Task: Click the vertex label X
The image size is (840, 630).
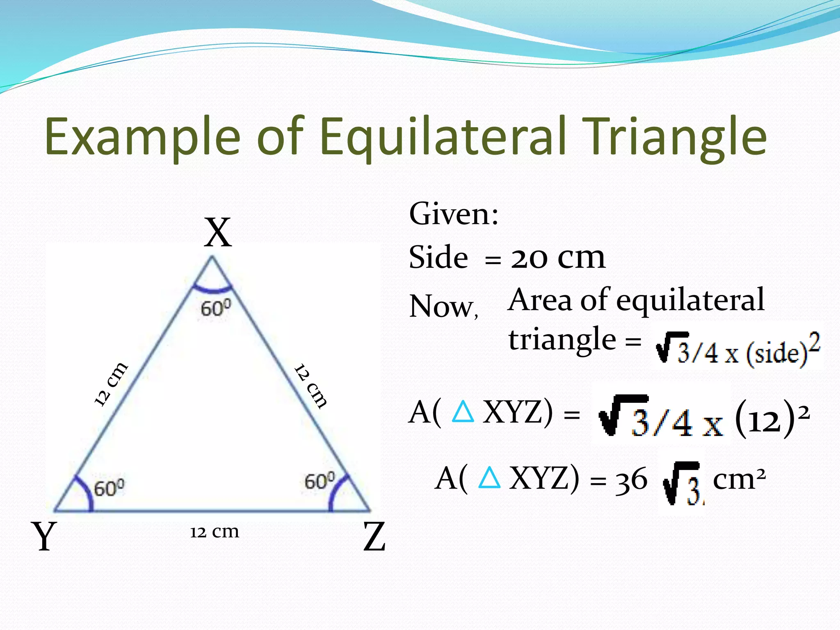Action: click(218, 233)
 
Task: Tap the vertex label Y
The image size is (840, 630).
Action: click(43, 536)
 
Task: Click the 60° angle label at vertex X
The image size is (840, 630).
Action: click(216, 308)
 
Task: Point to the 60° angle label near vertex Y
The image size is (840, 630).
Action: click(109, 488)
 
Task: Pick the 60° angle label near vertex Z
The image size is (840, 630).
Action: click(320, 481)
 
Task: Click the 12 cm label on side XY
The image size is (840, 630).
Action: click(111, 384)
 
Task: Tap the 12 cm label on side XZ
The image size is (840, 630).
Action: click(311, 386)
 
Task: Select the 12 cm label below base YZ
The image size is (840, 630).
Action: click(214, 532)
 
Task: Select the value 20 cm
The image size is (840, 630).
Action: click(558, 258)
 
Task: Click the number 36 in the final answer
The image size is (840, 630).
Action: click(631, 480)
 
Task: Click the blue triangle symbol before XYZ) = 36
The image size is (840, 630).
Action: click(489, 478)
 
